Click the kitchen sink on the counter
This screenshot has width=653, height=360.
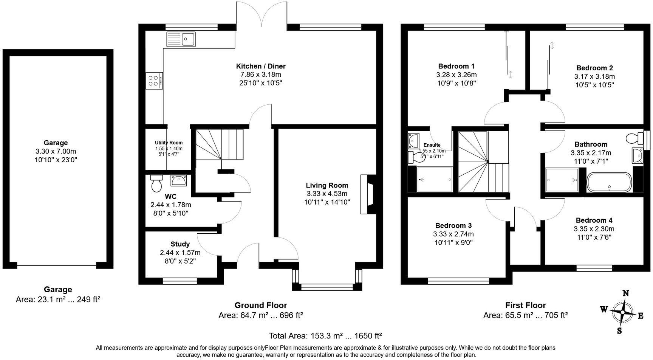(x=181, y=39)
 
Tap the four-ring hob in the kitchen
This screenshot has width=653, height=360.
(x=154, y=81)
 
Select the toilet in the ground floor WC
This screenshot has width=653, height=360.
(x=156, y=184)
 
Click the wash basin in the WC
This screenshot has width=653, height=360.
(x=179, y=181)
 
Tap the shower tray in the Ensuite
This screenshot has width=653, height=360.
(x=434, y=179)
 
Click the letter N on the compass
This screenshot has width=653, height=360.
(x=626, y=293)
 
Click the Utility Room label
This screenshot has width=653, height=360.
(x=169, y=143)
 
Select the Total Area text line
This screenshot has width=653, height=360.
(x=325, y=335)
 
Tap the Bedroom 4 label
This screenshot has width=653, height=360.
(x=594, y=220)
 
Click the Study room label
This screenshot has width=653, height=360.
(x=180, y=244)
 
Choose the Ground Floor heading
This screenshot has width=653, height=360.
(x=260, y=305)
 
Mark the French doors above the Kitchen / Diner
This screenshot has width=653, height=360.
(x=262, y=15)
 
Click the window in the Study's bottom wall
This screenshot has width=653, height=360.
(x=180, y=281)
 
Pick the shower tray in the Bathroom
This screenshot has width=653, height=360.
(x=562, y=180)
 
